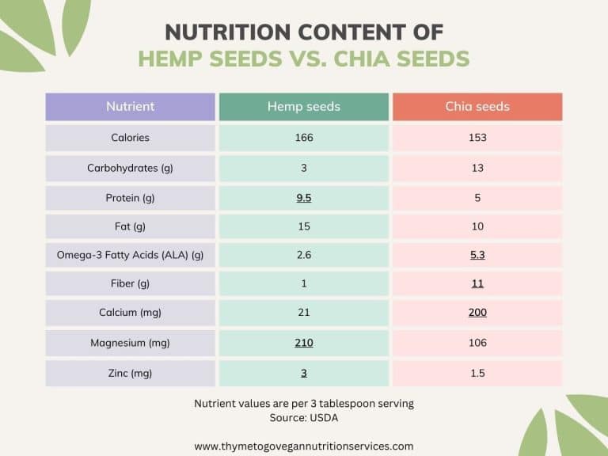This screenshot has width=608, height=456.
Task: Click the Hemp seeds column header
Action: [303, 107]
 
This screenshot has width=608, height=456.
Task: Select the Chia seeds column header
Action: [477, 107]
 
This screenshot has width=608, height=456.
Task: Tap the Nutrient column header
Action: [130, 107]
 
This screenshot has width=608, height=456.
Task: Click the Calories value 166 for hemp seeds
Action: [303, 138]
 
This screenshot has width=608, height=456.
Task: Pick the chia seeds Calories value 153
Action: [477, 138]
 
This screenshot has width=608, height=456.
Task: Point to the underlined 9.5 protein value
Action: [303, 198]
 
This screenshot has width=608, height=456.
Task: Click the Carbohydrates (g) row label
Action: [130, 168]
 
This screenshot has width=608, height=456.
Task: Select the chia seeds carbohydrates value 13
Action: [477, 168]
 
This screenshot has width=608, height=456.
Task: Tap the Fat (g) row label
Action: [130, 226]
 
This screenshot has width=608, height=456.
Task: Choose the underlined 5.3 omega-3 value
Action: [477, 255]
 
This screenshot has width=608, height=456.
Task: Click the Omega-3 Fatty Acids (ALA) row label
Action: [130, 255]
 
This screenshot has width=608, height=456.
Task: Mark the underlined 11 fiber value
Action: [477, 283]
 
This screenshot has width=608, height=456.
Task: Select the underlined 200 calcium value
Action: [477, 313]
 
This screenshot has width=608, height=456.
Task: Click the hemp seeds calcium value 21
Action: [303, 313]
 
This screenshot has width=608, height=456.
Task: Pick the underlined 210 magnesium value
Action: [303, 343]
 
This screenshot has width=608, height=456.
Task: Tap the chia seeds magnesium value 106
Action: [477, 343]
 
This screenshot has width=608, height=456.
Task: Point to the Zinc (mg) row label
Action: [130, 373]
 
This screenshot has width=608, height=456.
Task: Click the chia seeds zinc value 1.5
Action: [477, 373]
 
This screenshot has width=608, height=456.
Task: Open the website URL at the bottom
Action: [303, 446]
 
